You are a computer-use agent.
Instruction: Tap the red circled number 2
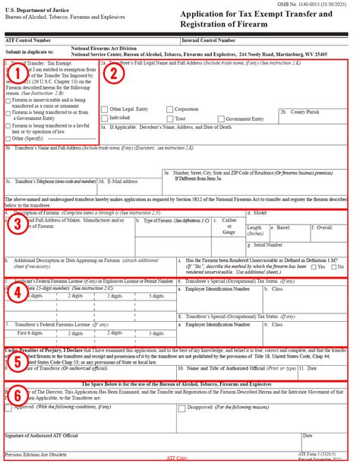click(112, 74)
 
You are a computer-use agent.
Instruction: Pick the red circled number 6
click(17, 397)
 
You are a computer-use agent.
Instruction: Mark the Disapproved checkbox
click(181, 408)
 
